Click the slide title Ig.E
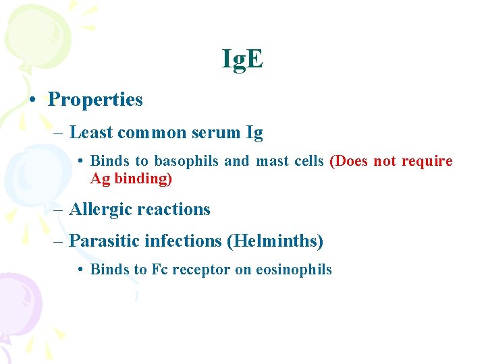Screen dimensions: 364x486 (x=242, y=60)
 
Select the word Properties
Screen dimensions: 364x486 (x=95, y=100)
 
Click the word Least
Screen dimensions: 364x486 (x=91, y=133)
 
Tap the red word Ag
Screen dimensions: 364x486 (x=100, y=179)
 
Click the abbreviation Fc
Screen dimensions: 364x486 (x=159, y=270)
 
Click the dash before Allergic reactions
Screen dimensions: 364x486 (x=59, y=210)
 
